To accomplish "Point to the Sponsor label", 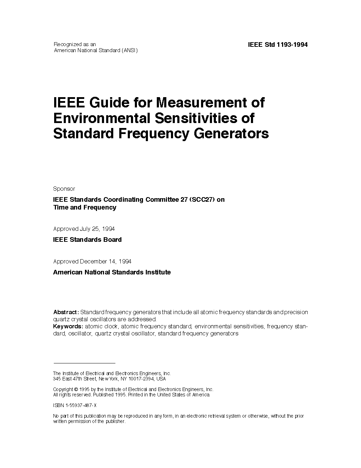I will [x=64, y=189].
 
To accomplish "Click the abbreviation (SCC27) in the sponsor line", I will [x=202, y=200].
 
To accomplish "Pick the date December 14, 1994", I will [x=106, y=261].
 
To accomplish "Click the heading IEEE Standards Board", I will [x=87, y=240].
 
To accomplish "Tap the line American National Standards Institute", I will [x=112, y=272].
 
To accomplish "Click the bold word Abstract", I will [x=66, y=312].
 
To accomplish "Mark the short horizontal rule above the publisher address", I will [x=84, y=363].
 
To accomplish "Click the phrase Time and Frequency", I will [x=85, y=207].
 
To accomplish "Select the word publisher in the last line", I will [x=115, y=422].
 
